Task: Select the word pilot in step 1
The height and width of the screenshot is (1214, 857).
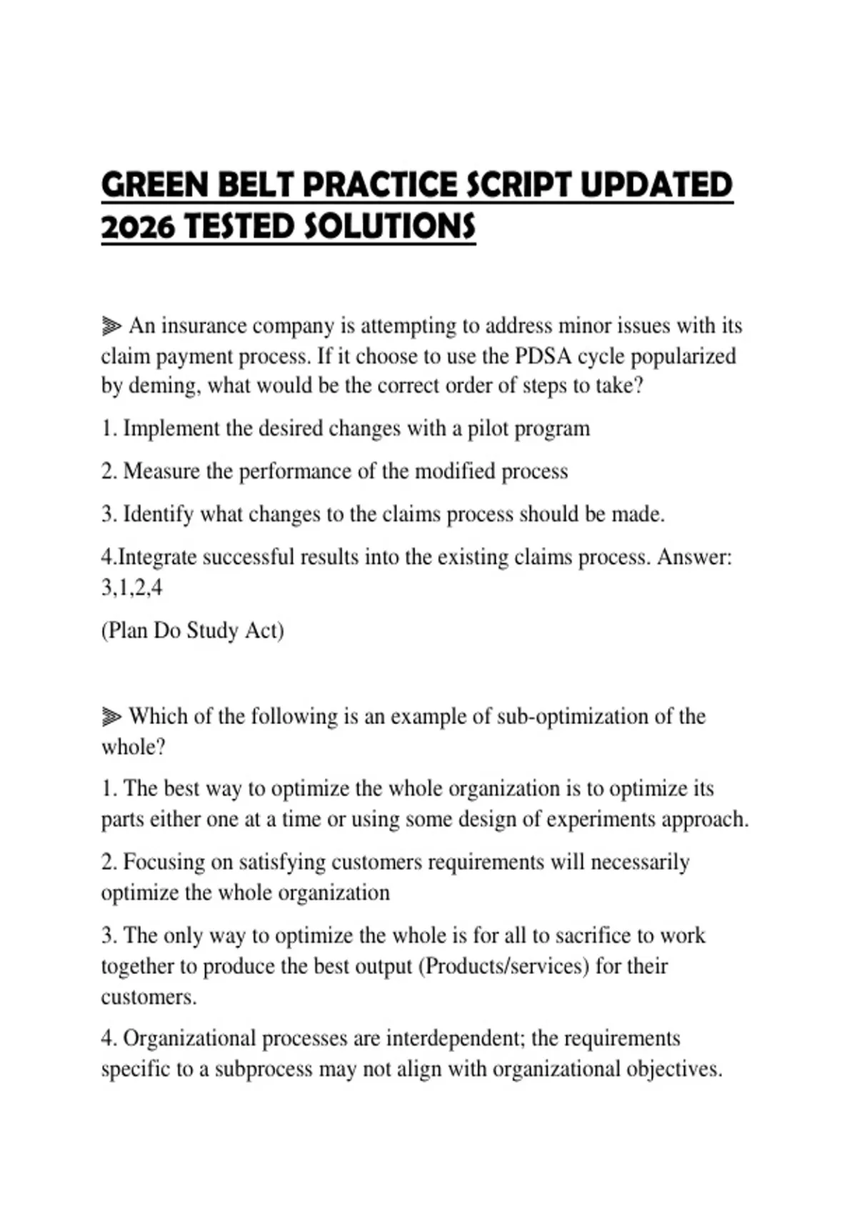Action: pos(488,428)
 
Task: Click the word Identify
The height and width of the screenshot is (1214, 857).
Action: pos(158,514)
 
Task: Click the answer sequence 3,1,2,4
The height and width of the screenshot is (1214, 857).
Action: pos(131,588)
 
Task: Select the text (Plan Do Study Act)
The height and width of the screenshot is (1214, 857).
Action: pos(192,631)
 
